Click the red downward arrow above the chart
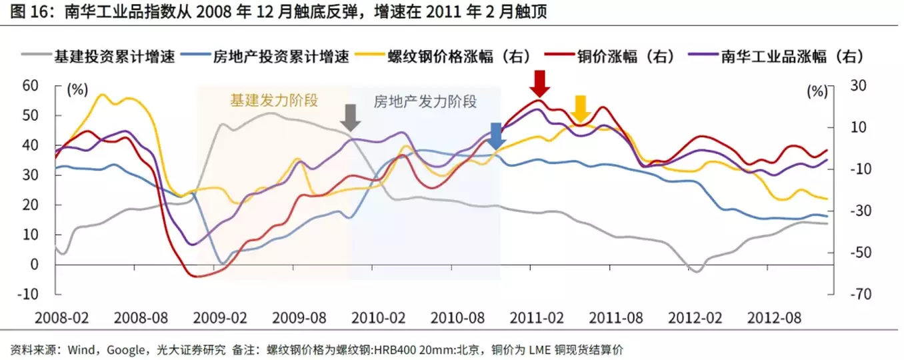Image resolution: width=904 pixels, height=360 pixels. [x=541, y=83]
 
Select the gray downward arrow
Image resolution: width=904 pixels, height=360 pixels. [x=350, y=117]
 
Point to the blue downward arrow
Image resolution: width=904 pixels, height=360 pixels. [x=495, y=135]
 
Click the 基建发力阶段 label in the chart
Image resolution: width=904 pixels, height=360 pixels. [x=274, y=101]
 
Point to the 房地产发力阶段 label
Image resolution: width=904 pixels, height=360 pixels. [x=425, y=101]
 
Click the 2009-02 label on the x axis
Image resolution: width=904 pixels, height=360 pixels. [x=223, y=317]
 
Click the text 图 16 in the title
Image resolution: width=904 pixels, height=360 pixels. [x=25, y=12]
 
